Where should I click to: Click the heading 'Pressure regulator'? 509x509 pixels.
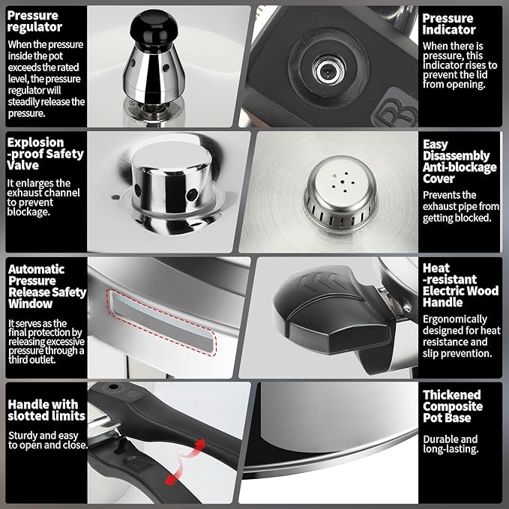(34, 21)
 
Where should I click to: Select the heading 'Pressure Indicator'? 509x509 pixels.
(448, 24)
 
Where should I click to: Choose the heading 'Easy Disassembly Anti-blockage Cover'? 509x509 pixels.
(459, 161)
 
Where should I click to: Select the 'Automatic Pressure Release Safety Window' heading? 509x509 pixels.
(46, 286)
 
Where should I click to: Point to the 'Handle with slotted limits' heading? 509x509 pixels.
(46, 409)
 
